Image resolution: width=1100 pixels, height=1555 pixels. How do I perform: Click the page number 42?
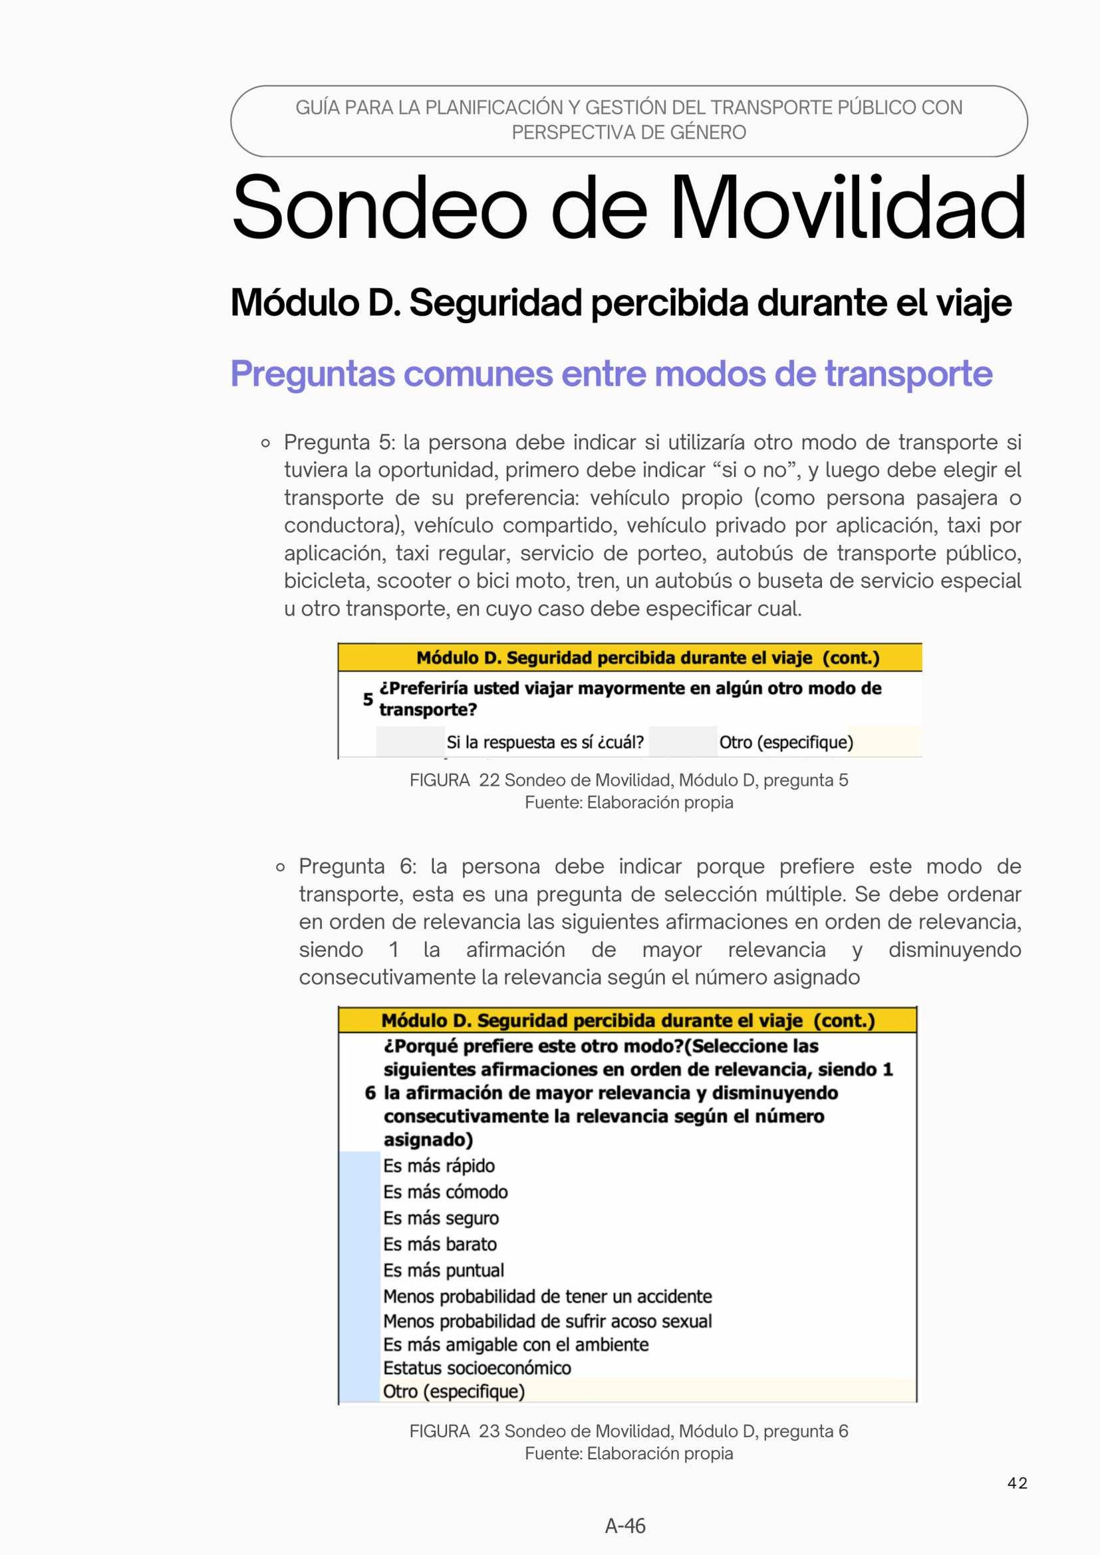1017,1483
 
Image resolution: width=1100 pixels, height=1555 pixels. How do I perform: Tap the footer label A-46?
624,1525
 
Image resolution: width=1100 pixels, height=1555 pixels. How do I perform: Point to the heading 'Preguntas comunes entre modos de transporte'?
611,373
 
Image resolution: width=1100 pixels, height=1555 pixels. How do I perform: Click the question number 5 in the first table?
368,699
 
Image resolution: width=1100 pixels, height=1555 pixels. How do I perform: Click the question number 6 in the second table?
370,1092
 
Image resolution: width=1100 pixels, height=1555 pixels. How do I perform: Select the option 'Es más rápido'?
439,1165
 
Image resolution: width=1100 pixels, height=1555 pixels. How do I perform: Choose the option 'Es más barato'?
440,1243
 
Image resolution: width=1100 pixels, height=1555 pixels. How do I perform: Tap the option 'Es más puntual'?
444,1270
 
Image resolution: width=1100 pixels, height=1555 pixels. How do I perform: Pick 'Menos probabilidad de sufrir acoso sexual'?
547,1321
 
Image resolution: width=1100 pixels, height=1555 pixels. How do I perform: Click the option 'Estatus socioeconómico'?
477,1368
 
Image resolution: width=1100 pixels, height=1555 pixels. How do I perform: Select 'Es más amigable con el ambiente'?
515,1344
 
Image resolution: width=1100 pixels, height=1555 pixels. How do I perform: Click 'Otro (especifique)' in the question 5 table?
785,743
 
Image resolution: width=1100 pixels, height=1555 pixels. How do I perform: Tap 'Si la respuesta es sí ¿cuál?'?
545,743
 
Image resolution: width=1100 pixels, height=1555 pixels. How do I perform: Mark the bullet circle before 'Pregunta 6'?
281,868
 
